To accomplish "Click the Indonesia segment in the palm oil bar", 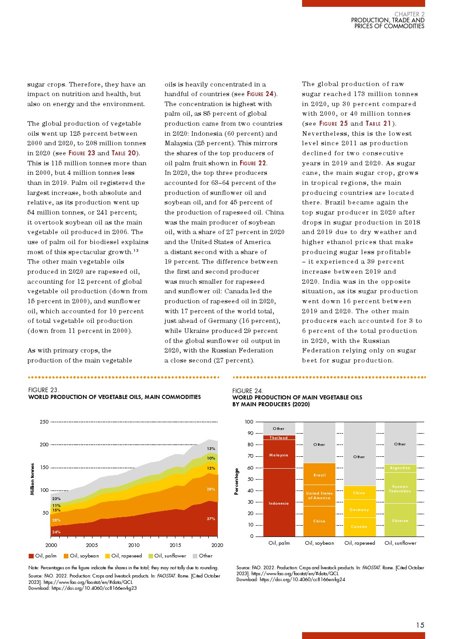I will pyautogui.click(x=279, y=503).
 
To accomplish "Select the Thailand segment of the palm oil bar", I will pyautogui.click(x=279, y=438).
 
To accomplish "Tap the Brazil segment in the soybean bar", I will pyautogui.click(x=319, y=475).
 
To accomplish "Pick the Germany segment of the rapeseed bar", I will pyautogui.click(x=359, y=510).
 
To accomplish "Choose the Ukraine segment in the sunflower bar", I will pyautogui.click(x=400, y=521).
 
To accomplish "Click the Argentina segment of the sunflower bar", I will pyautogui.click(x=400, y=468).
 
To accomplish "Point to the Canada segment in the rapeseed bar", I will pyautogui.click(x=359, y=527).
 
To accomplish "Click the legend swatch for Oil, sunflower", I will pyautogui.click(x=151, y=556).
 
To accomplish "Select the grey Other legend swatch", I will pyautogui.click(x=195, y=556).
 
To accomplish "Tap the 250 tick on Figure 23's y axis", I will pyautogui.click(x=44, y=422).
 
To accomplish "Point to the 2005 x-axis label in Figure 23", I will pyautogui.click(x=92, y=545).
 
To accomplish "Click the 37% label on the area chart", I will pyautogui.click(x=211, y=519).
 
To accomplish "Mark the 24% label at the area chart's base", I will pyautogui.click(x=56, y=532).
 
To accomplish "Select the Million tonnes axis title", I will pyautogui.click(x=32, y=479).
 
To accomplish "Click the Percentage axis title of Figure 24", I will pyautogui.click(x=236, y=481).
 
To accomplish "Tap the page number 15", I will pyautogui.click(x=420, y=625).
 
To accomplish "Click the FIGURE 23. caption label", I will pyautogui.click(x=43, y=390).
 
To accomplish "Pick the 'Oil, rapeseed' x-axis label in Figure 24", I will pyautogui.click(x=360, y=543).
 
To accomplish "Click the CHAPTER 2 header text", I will pyautogui.click(x=409, y=14).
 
